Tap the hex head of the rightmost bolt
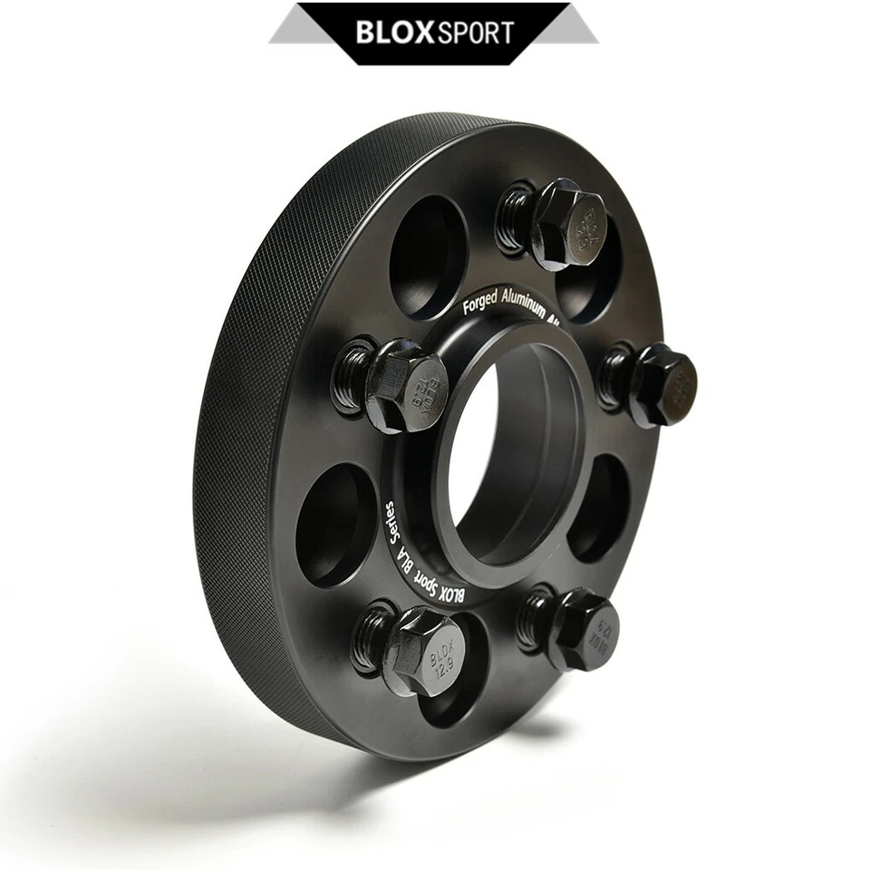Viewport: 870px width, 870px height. click(666, 385)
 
